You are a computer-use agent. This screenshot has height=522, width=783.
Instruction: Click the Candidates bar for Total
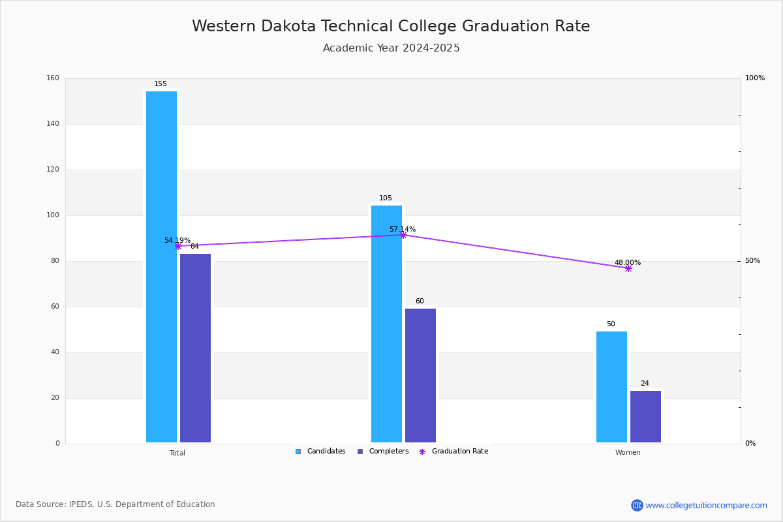(161, 267)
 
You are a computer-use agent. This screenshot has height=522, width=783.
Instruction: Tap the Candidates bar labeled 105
(386, 324)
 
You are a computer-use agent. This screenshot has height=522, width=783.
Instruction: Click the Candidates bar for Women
(611, 387)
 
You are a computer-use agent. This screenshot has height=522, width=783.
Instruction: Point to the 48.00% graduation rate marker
(628, 268)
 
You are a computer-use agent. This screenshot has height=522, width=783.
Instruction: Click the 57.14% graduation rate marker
(403, 235)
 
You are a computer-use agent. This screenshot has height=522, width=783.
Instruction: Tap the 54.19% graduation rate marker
(178, 246)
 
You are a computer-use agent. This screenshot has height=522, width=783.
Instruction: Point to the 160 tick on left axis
(53, 78)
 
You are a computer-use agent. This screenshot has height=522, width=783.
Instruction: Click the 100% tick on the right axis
(755, 78)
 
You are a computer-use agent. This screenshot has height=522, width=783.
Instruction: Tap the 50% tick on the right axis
(752, 261)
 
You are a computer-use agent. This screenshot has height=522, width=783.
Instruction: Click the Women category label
(628, 453)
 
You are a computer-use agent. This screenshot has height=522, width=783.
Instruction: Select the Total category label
(177, 453)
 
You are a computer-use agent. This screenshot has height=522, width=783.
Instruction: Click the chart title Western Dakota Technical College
(391, 26)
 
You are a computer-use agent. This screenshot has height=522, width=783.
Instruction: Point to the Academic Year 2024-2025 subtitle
(391, 48)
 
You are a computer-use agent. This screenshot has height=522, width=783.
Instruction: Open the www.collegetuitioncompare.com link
(706, 505)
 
